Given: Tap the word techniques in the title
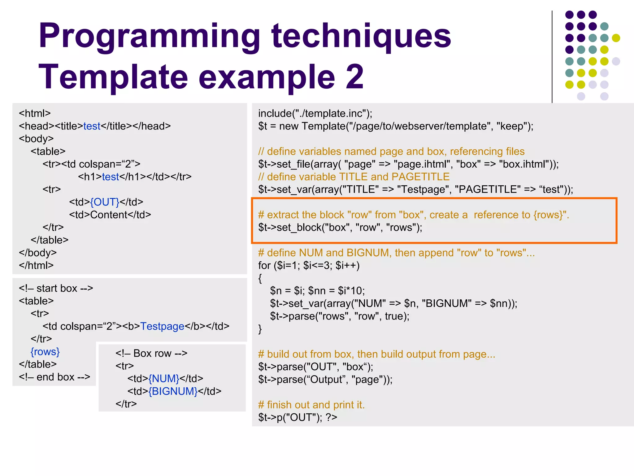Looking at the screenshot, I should click(x=361, y=37).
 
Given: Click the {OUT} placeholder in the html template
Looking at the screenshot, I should click(x=105, y=202).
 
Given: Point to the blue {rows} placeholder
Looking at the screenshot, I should click(x=45, y=352).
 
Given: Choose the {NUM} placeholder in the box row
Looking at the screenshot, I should click(x=164, y=379).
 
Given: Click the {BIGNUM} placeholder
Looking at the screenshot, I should click(x=173, y=391).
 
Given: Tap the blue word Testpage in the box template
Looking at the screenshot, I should click(x=162, y=326).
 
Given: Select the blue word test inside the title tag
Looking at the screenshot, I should click(x=92, y=126).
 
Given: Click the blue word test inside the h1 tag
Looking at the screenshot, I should click(x=110, y=177).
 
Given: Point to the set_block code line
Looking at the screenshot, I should click(x=340, y=227).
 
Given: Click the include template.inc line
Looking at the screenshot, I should click(x=315, y=113).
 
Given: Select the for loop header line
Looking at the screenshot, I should click(x=309, y=266).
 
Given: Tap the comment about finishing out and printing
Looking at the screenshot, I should click(x=311, y=405).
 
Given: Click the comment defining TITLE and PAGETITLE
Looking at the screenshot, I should click(x=354, y=177).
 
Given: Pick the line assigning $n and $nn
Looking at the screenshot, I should click(x=317, y=291).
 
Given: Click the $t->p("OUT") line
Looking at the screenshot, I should click(x=297, y=417).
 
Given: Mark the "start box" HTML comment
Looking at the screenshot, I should click(x=56, y=288).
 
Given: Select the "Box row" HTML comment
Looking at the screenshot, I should click(x=151, y=353).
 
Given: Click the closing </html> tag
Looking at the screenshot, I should click(x=36, y=266).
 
